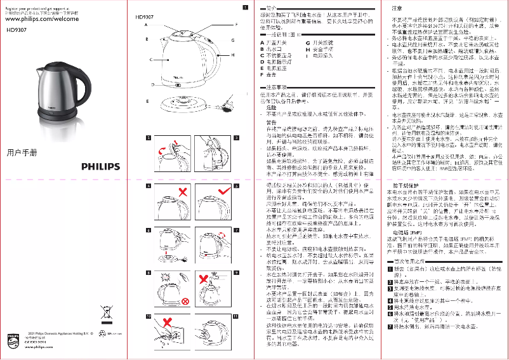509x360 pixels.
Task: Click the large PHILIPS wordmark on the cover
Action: pyautogui.click(x=100, y=167)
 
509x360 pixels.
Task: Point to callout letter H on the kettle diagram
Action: pyautogui.click(x=233, y=55)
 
